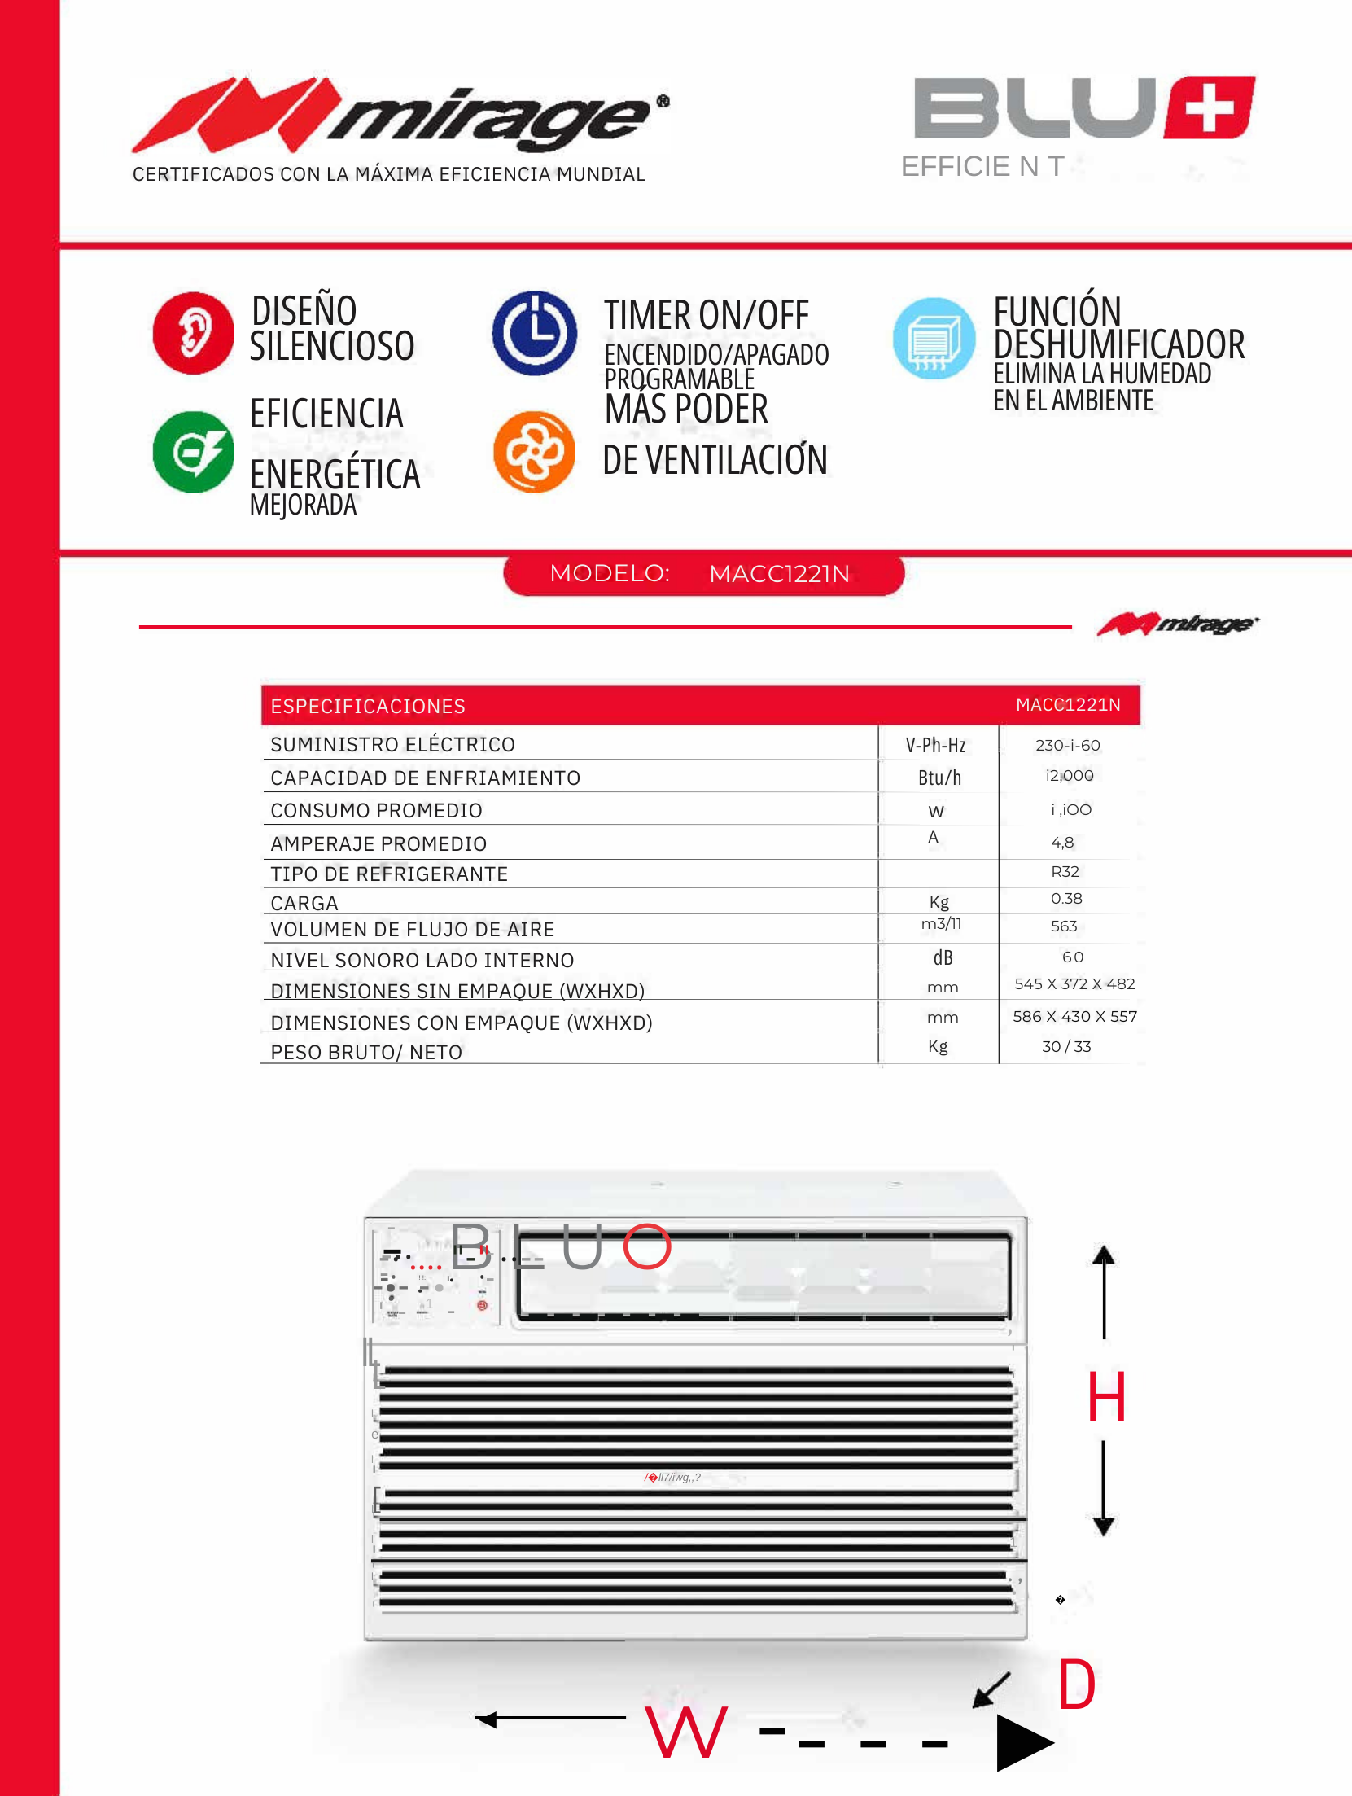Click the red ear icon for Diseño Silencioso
(193, 333)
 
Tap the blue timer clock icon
(535, 333)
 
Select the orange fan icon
(534, 452)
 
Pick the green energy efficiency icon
(193, 452)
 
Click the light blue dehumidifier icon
(934, 339)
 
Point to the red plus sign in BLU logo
(1210, 108)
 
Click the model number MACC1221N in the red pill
(779, 574)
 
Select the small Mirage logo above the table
(1177, 624)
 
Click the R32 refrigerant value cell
(1065, 872)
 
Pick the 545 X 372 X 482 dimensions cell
(1074, 984)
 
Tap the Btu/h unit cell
(939, 778)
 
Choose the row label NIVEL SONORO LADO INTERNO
(422, 961)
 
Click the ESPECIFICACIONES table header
(368, 706)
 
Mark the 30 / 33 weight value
(1066, 1047)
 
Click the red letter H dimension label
(1106, 1397)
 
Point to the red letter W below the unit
(685, 1732)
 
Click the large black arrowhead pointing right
(1023, 1743)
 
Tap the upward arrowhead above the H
(1104, 1255)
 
